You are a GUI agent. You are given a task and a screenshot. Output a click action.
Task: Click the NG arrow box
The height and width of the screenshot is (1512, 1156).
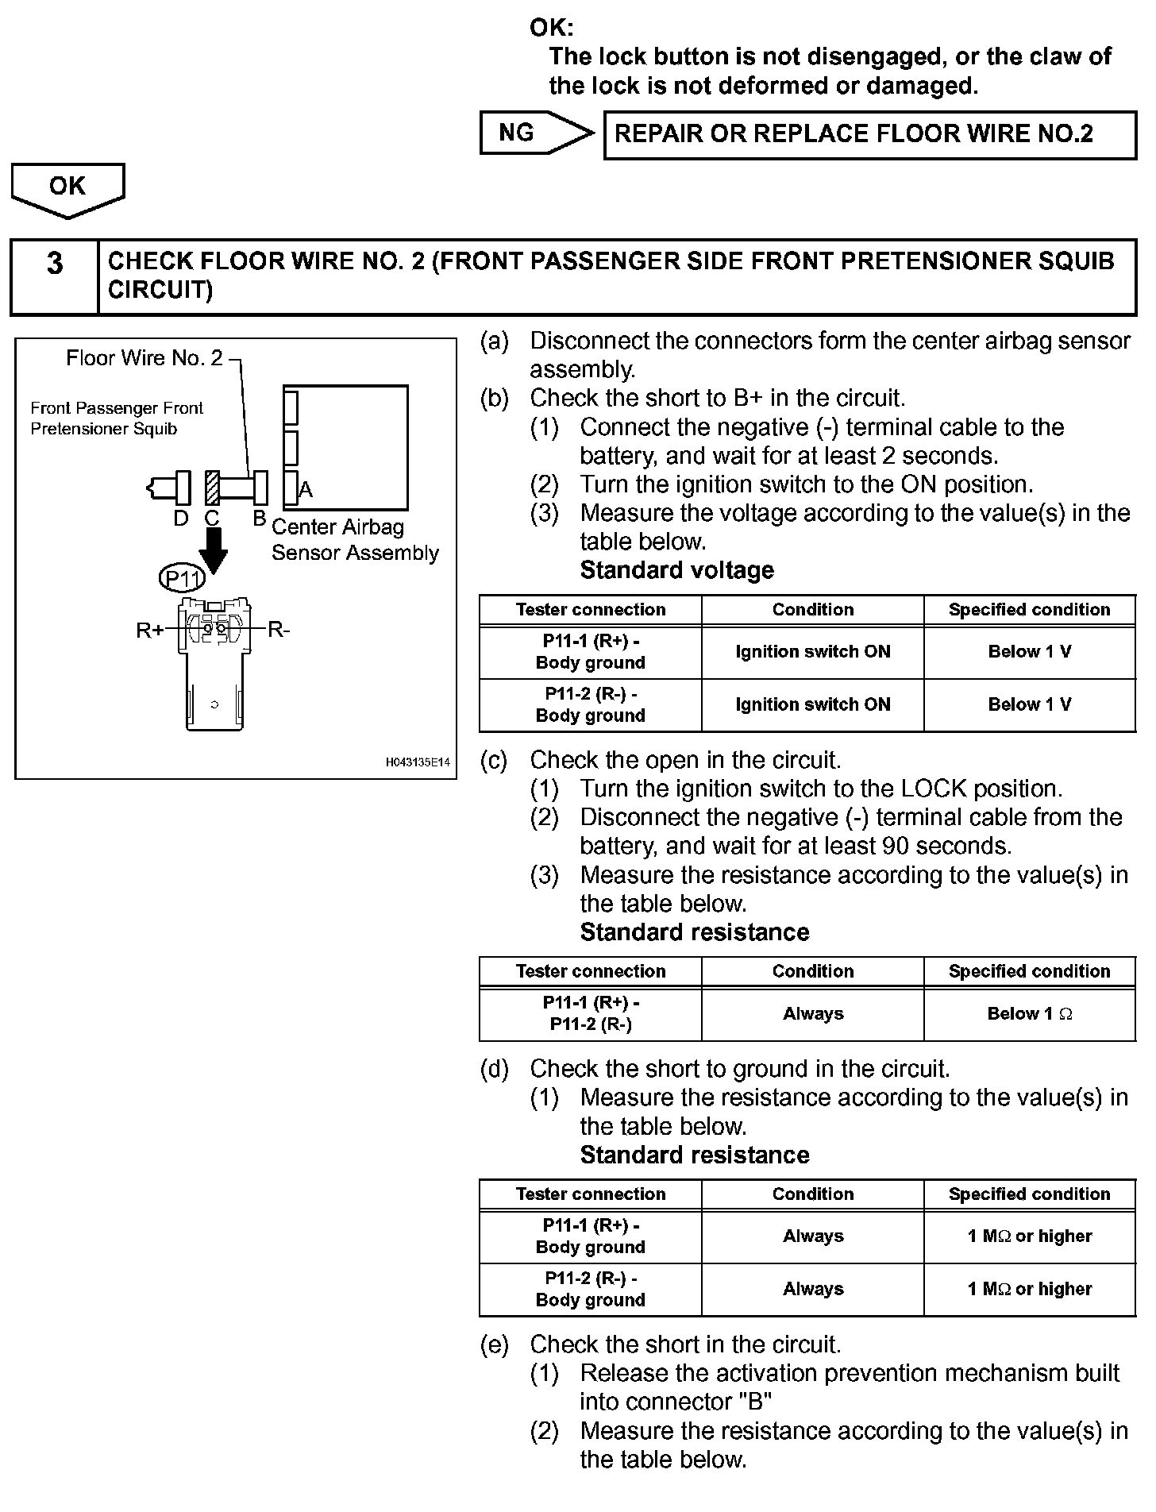click(534, 133)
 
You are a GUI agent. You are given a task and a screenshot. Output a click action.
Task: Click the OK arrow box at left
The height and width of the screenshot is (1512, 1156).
click(67, 187)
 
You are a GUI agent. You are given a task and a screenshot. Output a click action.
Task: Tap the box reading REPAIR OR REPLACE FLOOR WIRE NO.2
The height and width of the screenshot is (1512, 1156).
click(869, 135)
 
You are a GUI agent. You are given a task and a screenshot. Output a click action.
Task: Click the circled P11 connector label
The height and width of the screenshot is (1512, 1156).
click(182, 578)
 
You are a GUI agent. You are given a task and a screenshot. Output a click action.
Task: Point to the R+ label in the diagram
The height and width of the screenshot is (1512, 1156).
click(150, 631)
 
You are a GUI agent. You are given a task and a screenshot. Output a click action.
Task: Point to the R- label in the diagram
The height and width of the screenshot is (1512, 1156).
click(279, 631)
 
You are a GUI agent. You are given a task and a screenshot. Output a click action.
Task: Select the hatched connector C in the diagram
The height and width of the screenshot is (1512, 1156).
click(212, 488)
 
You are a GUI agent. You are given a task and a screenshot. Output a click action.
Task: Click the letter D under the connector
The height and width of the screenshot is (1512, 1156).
click(181, 519)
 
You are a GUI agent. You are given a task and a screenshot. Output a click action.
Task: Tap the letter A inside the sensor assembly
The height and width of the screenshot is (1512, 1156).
click(306, 490)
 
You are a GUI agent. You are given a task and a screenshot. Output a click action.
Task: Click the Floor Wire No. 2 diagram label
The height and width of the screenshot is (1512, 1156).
click(144, 359)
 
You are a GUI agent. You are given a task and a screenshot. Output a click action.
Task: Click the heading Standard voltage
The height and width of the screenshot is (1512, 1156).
click(676, 570)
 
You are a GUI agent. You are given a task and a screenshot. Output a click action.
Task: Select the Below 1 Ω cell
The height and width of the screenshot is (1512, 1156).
click(1029, 1014)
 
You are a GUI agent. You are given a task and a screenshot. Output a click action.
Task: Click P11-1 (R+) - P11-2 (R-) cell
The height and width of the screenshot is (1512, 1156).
click(591, 1014)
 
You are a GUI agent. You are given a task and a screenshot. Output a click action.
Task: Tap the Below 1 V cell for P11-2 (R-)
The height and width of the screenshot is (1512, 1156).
click(1029, 705)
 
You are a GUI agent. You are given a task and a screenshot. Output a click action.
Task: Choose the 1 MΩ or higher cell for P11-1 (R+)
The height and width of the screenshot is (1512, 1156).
click(1029, 1236)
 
